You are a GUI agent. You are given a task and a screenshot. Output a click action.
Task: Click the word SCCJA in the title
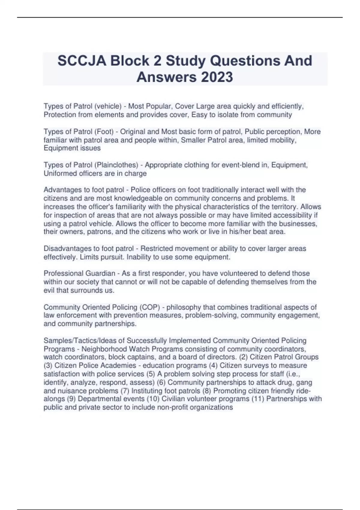pos(82,61)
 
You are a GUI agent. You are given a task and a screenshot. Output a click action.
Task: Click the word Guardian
pos(100,273)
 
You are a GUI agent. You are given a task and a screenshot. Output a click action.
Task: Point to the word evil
pos(49,290)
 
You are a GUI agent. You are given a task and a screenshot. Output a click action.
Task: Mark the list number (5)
pos(151,374)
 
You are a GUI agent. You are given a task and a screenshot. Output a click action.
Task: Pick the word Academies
pos(119,365)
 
